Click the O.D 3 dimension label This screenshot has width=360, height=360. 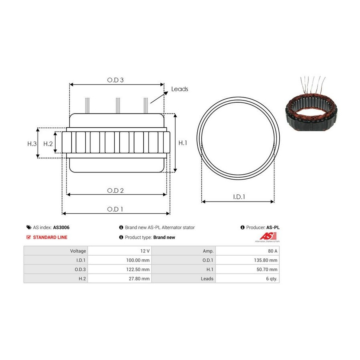coord(115,80)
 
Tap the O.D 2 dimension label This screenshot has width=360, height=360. coord(115,190)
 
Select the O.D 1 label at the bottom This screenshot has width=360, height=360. coord(115,209)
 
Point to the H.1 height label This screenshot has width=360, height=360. coord(183,143)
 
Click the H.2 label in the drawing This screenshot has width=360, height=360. coord(48,144)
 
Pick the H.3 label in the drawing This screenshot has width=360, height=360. coord(32,144)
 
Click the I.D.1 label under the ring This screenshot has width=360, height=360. coord(239,197)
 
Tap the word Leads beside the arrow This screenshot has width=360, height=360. coord(180,89)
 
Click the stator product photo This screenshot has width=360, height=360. coord(311,104)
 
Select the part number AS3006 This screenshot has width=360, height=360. coord(61,228)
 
